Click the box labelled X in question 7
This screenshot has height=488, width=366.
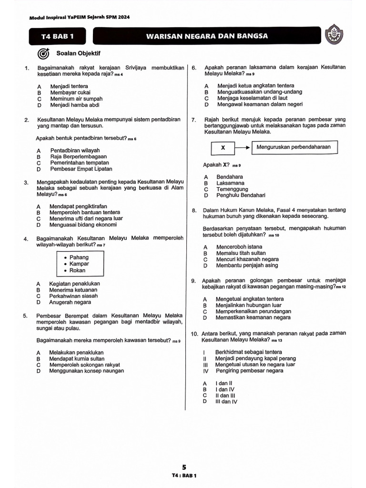click(223, 148)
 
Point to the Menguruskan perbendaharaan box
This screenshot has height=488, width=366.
click(294, 147)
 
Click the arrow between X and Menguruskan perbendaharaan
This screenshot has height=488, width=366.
click(243, 148)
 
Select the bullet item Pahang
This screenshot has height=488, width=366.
click(79, 257)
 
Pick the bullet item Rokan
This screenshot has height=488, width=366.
click(78, 270)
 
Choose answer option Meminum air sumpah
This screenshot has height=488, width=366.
click(76, 99)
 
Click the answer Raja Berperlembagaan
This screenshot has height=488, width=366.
click(78, 156)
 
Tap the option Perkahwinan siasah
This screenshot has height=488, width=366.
click(73, 295)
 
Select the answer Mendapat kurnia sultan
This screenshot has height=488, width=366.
click(77, 358)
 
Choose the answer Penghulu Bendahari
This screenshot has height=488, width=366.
click(241, 195)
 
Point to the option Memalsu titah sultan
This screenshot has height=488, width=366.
click(241, 253)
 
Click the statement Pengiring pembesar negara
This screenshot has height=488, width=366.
click(249, 370)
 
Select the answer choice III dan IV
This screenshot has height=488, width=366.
click(226, 401)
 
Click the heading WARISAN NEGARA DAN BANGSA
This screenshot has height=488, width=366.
click(207, 36)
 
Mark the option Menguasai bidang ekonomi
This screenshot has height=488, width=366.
click(83, 224)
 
